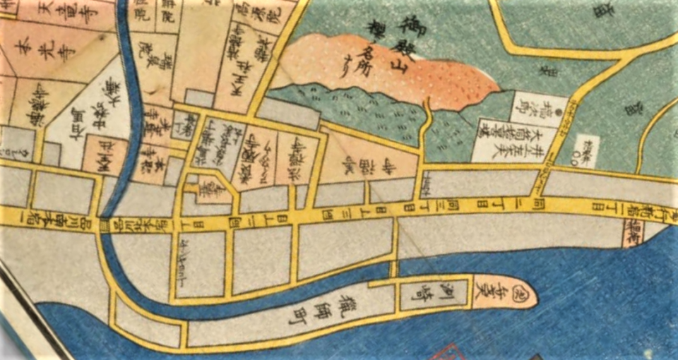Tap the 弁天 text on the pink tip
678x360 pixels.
[x=498, y=290]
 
